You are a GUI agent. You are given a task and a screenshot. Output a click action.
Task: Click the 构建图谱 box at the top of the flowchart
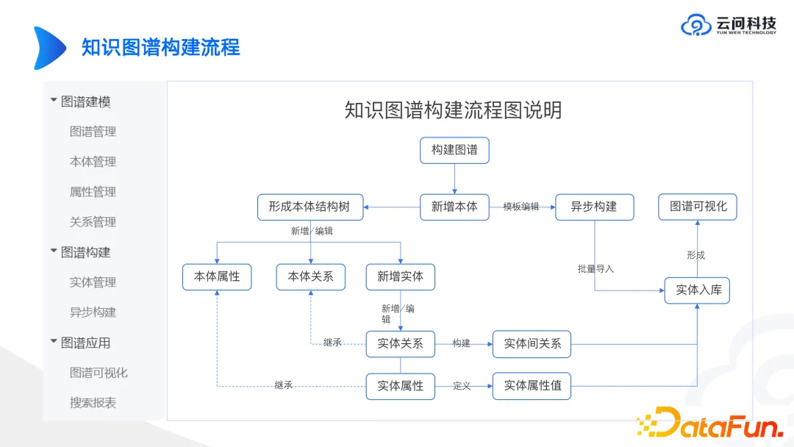pos(454,150)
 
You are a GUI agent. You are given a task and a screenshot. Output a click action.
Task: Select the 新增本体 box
pos(454,207)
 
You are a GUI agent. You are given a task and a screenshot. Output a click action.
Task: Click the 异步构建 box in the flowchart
pos(594,207)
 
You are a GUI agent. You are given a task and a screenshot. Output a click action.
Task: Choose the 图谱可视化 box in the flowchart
pos(698,207)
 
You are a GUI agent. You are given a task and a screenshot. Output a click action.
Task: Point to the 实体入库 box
pos(698,290)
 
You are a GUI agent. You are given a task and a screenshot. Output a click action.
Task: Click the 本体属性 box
pos(217,276)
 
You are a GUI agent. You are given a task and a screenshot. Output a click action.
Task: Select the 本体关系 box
pos(311,276)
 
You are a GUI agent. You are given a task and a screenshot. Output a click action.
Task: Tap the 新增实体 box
pos(401,276)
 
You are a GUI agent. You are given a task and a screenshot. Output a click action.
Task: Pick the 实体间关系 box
pos(532,343)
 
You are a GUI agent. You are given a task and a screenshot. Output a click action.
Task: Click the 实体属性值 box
pos(532,386)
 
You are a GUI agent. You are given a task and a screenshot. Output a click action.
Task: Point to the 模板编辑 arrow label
pos(521,207)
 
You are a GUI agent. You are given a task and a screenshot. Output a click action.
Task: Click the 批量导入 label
pos(595,269)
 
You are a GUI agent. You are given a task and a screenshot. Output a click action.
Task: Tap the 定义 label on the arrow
pos(462,386)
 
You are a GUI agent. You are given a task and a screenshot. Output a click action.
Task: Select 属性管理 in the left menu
pos(93,192)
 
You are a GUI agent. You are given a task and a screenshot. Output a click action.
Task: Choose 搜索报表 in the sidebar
pos(93,403)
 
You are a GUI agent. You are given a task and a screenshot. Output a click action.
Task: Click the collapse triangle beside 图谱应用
pos(54,341)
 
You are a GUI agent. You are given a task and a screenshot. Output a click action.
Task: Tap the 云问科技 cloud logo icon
pos(695,26)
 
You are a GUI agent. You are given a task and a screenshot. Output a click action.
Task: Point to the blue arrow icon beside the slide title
pos(49,48)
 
